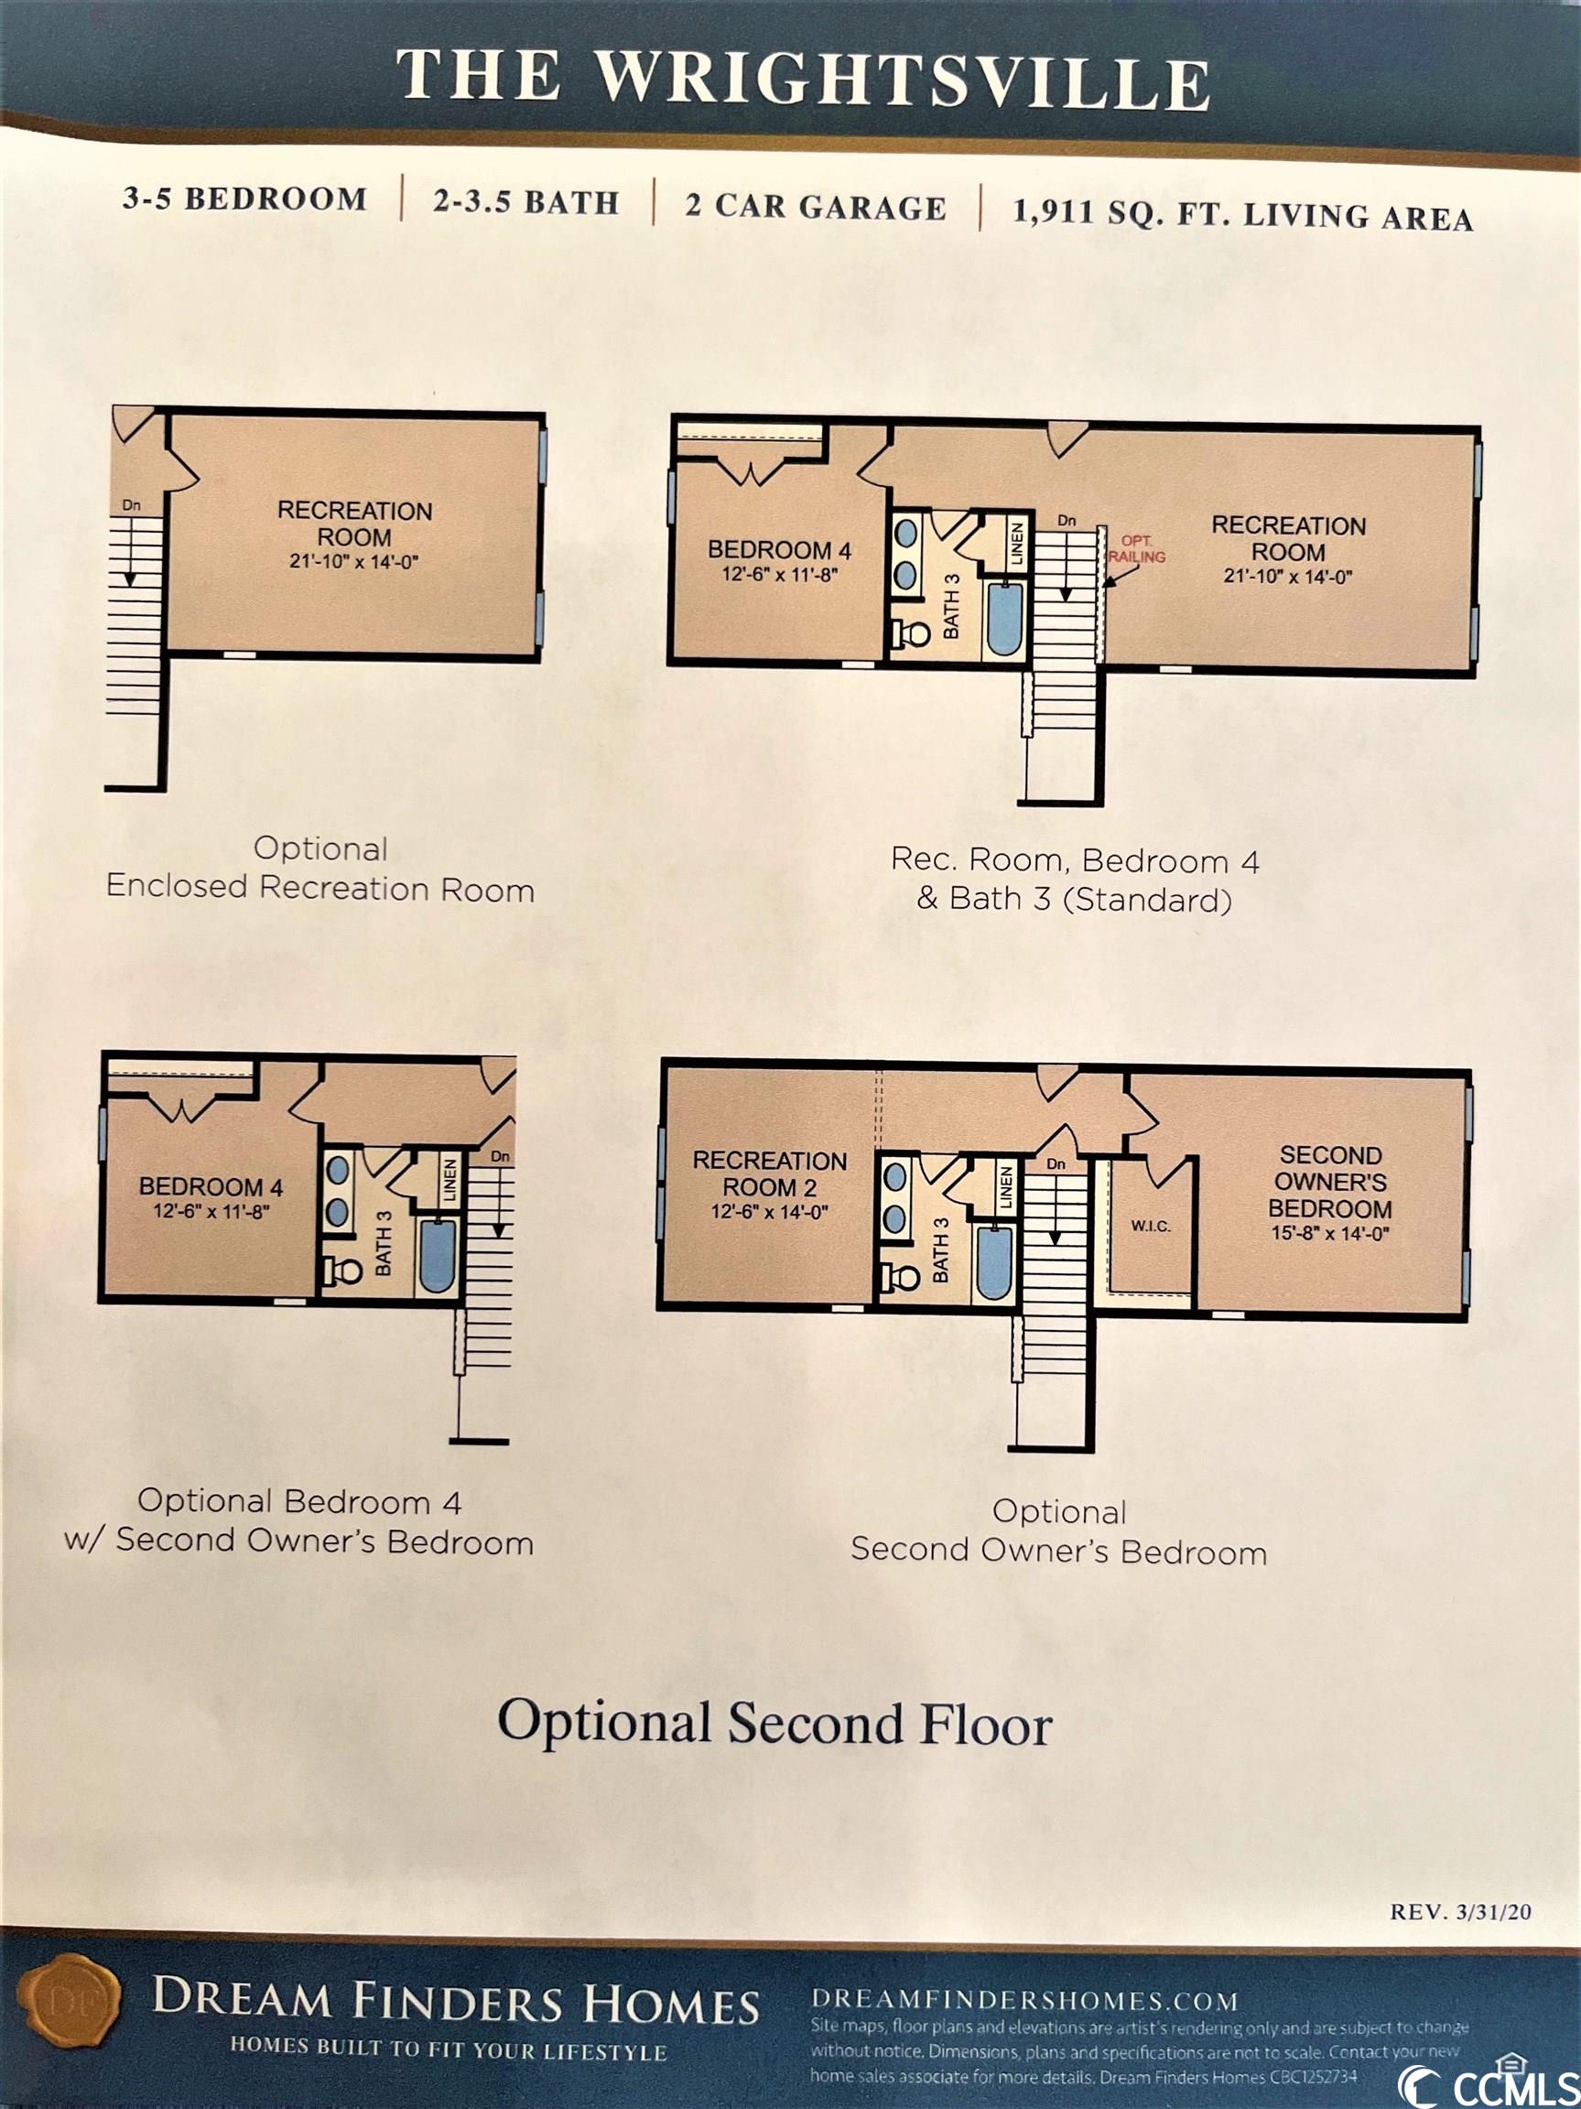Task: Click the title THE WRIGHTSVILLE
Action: (803, 78)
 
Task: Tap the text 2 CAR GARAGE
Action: (816, 208)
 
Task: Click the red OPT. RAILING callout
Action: (1136, 549)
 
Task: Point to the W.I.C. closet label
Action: (1150, 1226)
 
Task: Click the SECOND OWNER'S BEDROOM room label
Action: (1330, 1182)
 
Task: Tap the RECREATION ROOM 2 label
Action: (770, 1173)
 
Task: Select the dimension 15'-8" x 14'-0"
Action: (1329, 1233)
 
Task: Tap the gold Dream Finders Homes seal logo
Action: (70, 2005)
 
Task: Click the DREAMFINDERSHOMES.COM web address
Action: (1025, 2000)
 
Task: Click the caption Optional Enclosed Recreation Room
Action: (320, 869)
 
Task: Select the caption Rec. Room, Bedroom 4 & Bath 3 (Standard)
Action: (1075, 879)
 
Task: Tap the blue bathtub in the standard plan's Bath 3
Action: (1004, 618)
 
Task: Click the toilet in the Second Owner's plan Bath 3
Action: (899, 1275)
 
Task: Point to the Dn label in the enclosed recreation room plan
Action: (132, 505)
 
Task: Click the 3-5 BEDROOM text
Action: (245, 199)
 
